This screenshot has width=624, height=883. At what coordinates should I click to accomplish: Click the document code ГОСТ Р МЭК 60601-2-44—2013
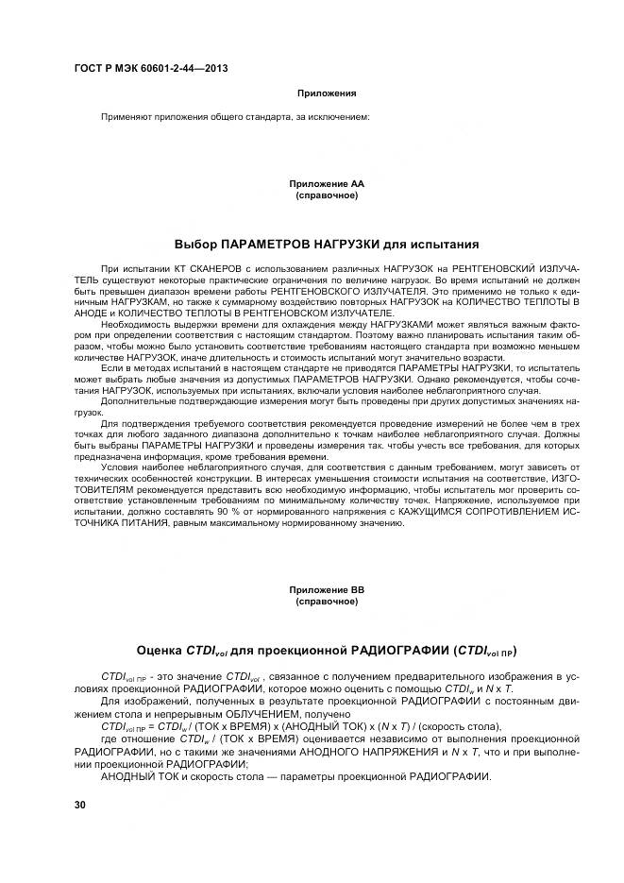150,69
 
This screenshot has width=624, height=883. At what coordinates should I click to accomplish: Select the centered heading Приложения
327,93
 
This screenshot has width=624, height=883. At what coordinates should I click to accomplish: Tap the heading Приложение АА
327,183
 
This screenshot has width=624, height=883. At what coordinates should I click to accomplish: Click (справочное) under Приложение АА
327,195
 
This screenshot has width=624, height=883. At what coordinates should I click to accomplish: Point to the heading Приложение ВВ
327,589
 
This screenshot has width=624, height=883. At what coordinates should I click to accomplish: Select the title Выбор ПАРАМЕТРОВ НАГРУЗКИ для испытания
327,243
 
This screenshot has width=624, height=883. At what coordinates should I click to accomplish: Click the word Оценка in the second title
160,650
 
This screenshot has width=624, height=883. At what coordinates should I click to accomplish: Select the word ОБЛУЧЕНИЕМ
257,714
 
